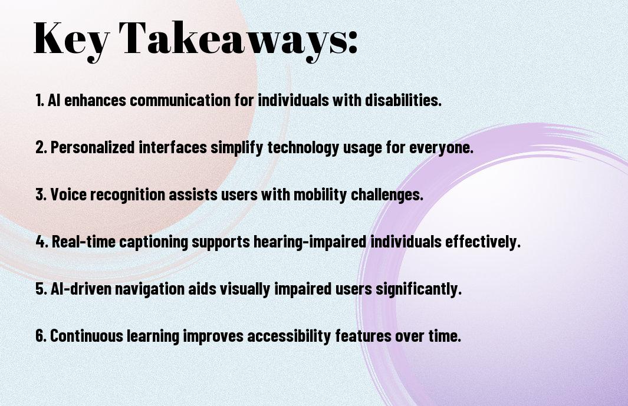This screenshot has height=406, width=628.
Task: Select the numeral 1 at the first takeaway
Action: click(x=39, y=100)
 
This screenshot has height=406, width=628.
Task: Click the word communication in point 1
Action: click(x=180, y=100)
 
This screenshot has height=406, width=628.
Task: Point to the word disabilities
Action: click(x=403, y=100)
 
